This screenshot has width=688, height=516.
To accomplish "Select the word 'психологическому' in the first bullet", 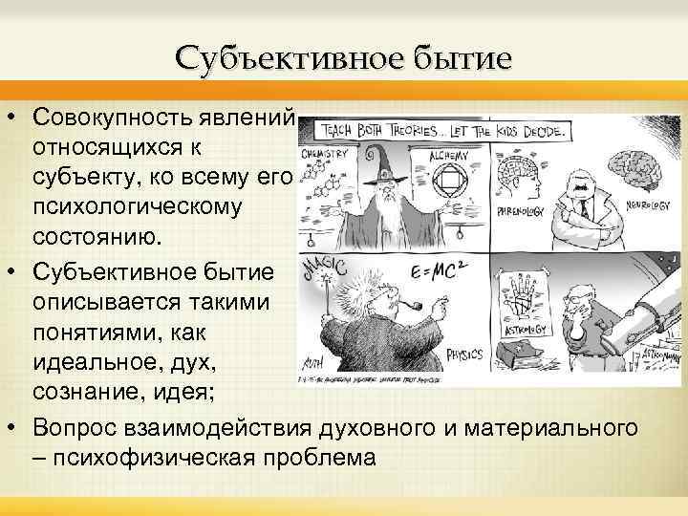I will pyautogui.click(x=138, y=206).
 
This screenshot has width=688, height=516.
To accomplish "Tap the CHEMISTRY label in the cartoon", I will pyautogui.click(x=323, y=152).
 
